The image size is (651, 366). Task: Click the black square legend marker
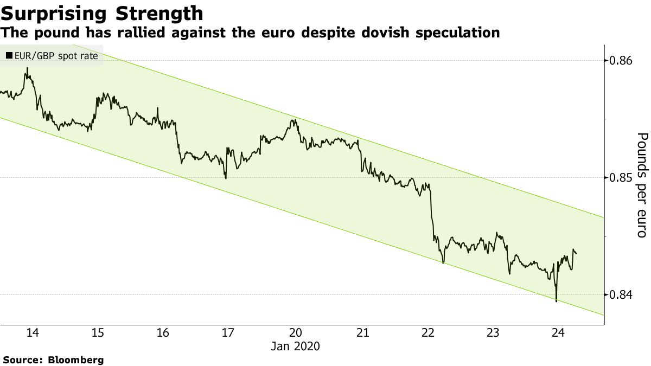point(9,55)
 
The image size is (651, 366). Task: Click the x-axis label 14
point(33,332)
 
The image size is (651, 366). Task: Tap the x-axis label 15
point(98,332)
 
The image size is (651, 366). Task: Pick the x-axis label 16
point(163,332)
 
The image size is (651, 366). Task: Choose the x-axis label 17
point(228,332)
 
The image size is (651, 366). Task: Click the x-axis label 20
point(296,332)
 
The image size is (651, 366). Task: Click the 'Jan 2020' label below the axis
point(296,346)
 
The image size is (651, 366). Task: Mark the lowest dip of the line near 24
point(557,301)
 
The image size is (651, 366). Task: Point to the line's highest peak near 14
point(27,68)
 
